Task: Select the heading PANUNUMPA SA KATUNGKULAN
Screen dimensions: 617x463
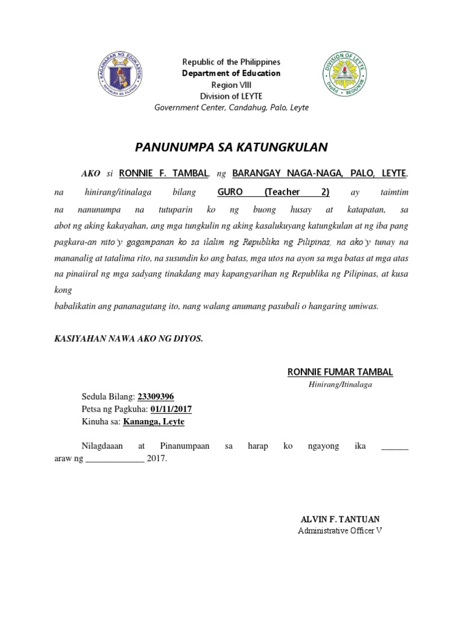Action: coord(231,147)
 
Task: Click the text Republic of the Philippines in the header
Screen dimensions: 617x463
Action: coord(231,62)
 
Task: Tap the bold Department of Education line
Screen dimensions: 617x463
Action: coord(231,74)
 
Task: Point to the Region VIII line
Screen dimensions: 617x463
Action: coord(231,85)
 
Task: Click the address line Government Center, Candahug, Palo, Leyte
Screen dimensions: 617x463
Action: coord(231,108)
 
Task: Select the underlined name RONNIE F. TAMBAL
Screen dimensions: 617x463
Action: coord(164,174)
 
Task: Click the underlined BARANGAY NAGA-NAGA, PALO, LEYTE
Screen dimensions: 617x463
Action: coord(320,174)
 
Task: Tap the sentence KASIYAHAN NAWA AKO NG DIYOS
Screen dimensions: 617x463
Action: coord(128,339)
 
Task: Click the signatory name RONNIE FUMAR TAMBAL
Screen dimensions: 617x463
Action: coord(341,372)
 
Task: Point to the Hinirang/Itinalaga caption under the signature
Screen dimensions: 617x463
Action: coord(341,384)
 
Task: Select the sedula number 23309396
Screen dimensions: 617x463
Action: coord(156,396)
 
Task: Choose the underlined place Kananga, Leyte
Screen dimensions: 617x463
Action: coord(154,422)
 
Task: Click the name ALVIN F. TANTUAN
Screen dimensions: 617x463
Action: coord(341,519)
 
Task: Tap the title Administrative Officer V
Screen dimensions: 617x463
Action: coord(341,531)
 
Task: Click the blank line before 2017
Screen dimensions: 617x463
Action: coord(115,459)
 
